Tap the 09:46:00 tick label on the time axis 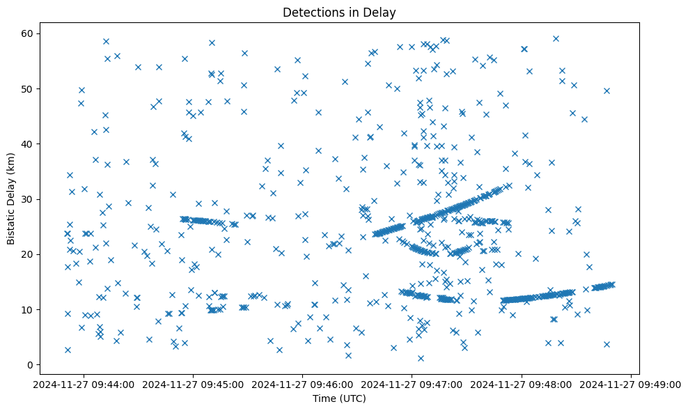click(303, 384)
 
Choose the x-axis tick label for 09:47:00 click(412, 384)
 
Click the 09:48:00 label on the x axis click(522, 384)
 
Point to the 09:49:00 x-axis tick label click(631, 384)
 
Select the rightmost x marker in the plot click(611, 284)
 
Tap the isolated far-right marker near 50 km click(607, 91)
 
